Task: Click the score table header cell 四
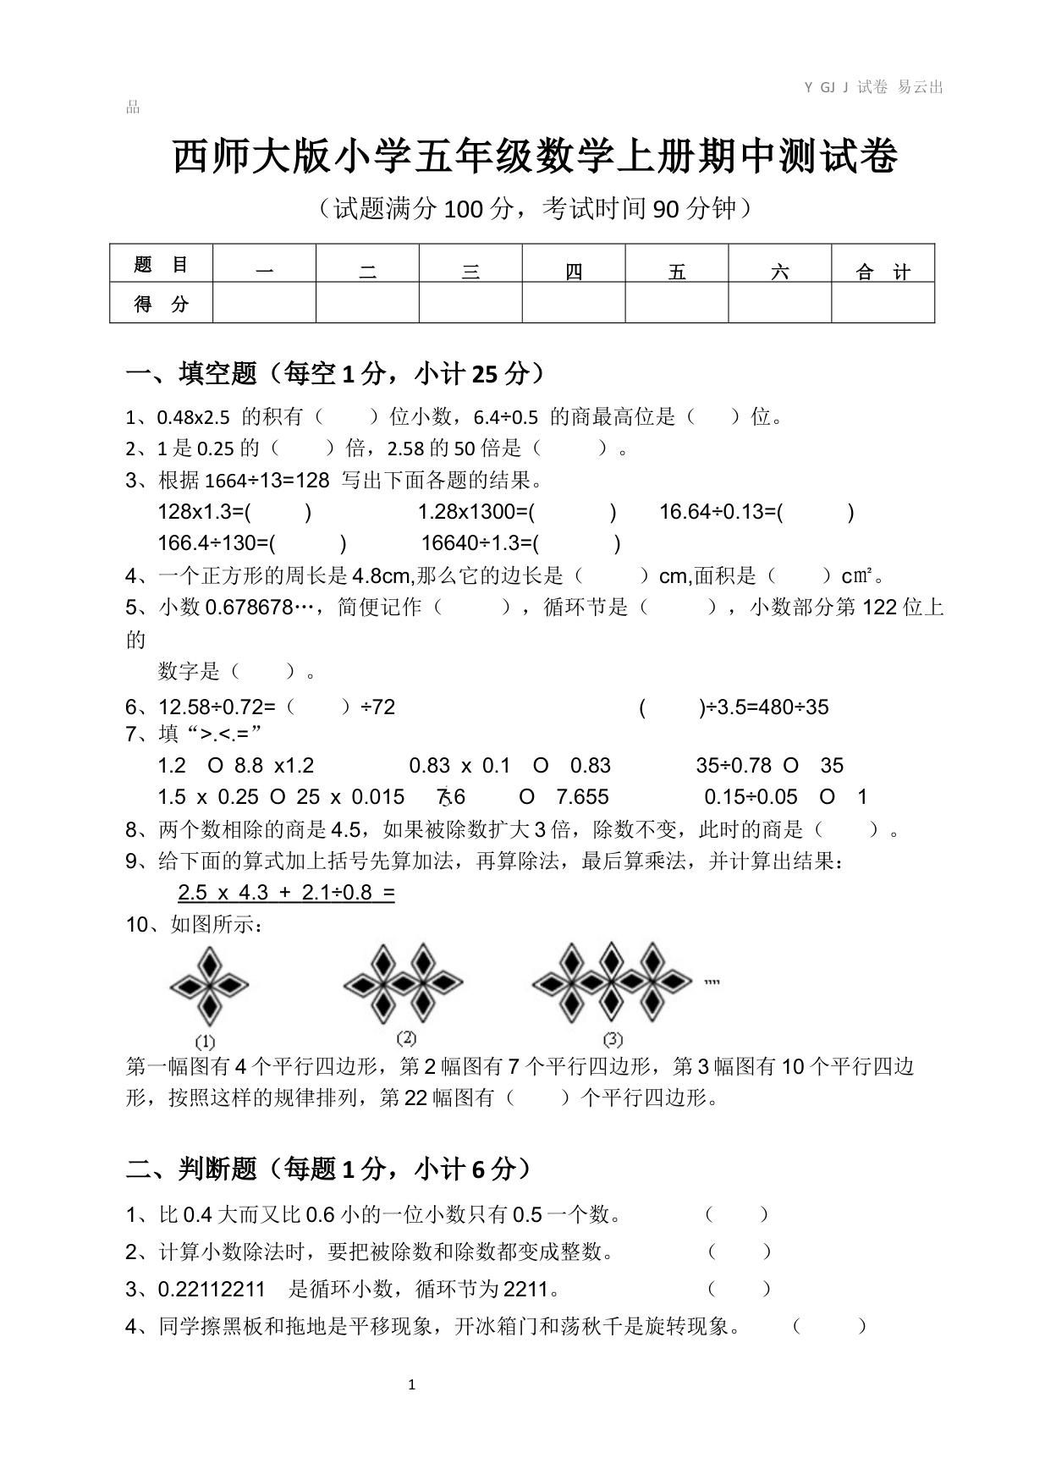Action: [x=574, y=272]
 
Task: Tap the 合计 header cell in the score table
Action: [x=883, y=272]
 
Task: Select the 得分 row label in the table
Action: [x=161, y=304]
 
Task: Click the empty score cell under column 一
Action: [x=264, y=304]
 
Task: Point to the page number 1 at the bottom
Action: [x=412, y=1384]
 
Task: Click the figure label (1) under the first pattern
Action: [x=205, y=1042]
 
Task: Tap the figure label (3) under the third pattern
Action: [x=613, y=1039]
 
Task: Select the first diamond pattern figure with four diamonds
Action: [x=208, y=987]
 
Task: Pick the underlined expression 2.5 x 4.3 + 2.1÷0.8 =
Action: [x=286, y=893]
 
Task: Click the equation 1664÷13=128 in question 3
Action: [x=267, y=481]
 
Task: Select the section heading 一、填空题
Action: [x=191, y=373]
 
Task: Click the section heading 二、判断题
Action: [x=191, y=1169]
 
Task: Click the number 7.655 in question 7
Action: [x=582, y=797]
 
